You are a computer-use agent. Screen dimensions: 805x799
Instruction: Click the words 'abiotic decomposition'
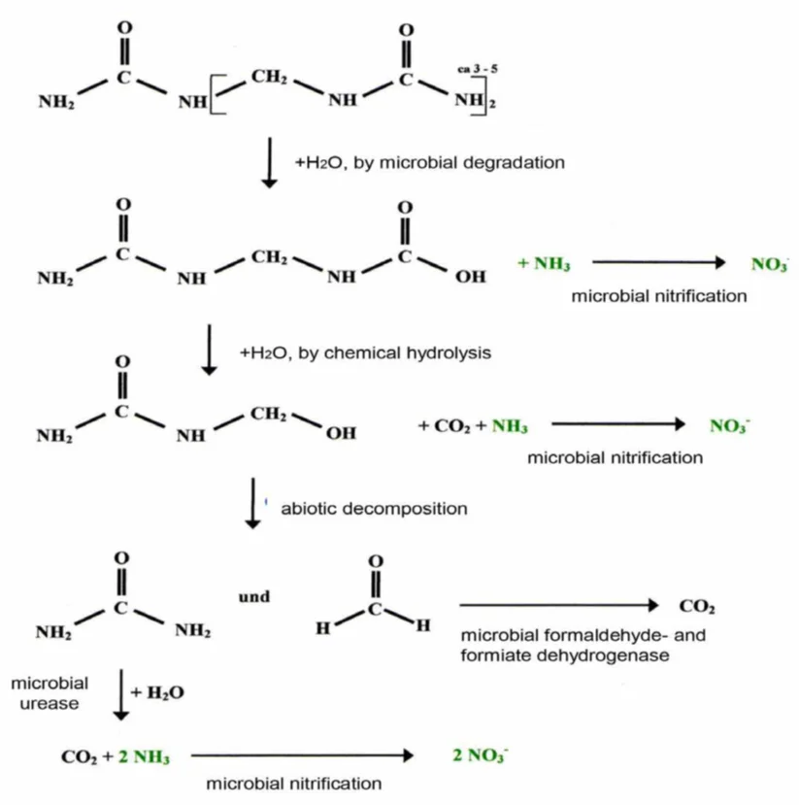click(374, 508)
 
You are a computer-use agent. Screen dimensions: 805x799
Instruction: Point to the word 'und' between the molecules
click(253, 596)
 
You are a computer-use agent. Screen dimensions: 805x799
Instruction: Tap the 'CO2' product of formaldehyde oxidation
click(697, 608)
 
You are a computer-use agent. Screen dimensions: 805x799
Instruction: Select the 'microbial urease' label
click(50, 692)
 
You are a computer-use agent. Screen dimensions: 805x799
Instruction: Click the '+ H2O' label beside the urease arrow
click(156, 692)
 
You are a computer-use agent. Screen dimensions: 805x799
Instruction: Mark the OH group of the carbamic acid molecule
click(471, 279)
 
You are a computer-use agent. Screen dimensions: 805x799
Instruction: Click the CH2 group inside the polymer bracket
click(268, 76)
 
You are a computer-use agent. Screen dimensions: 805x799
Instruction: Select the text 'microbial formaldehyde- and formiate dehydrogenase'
click(583, 647)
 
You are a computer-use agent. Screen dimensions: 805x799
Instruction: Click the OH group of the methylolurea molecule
click(341, 433)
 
